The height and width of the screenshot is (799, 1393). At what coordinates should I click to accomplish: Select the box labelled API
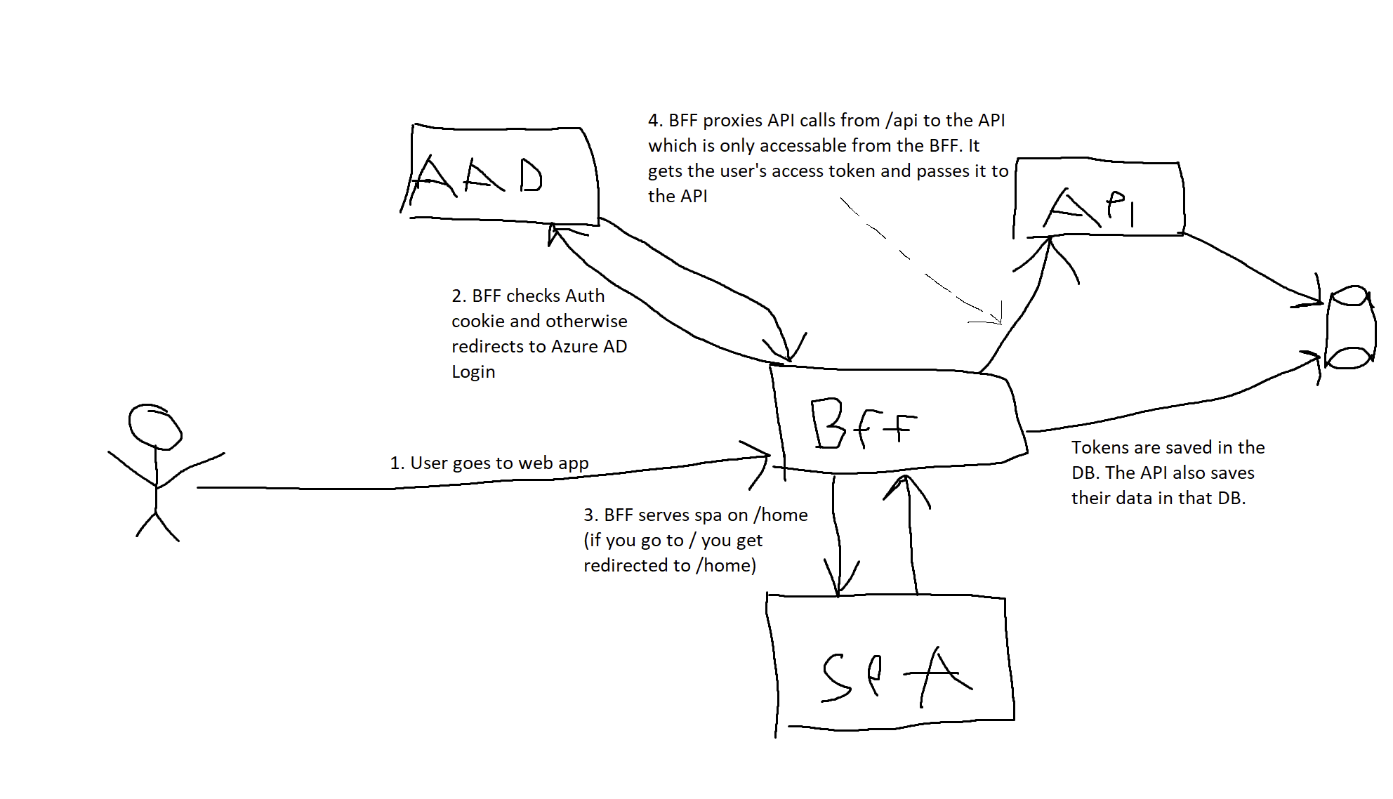pyautogui.click(x=1098, y=200)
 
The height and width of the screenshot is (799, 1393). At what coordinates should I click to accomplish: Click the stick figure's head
pyautogui.click(x=154, y=426)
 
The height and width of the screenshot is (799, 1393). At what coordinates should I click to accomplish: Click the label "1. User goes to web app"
pyautogui.click(x=489, y=463)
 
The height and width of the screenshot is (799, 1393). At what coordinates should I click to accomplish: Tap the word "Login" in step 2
pyautogui.click(x=473, y=372)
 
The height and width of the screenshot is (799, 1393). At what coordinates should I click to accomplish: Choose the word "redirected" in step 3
pyautogui.click(x=636, y=566)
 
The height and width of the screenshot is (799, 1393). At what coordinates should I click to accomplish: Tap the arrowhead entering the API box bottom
pyautogui.click(x=1049, y=242)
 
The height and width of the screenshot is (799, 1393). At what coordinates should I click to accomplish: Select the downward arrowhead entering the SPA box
pyautogui.click(x=838, y=590)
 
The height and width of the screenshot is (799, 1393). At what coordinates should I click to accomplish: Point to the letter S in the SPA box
pyautogui.click(x=837, y=678)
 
